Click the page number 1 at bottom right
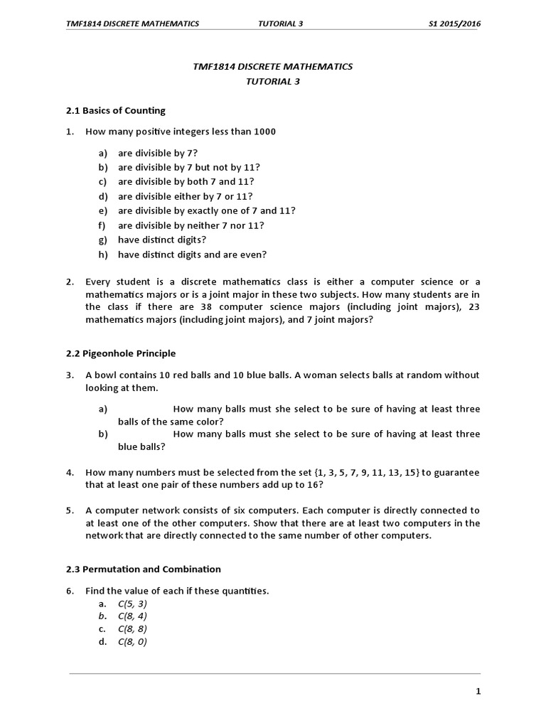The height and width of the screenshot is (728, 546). pos(478,691)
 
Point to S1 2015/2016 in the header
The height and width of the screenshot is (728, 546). pos(454,23)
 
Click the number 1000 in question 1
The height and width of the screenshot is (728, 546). pos(264,132)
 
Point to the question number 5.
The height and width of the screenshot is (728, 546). pos(71,510)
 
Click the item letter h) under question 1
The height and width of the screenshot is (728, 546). pos(103,255)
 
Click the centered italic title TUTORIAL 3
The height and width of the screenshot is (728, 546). pos(273,81)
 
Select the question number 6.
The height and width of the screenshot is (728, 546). pos(71,591)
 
